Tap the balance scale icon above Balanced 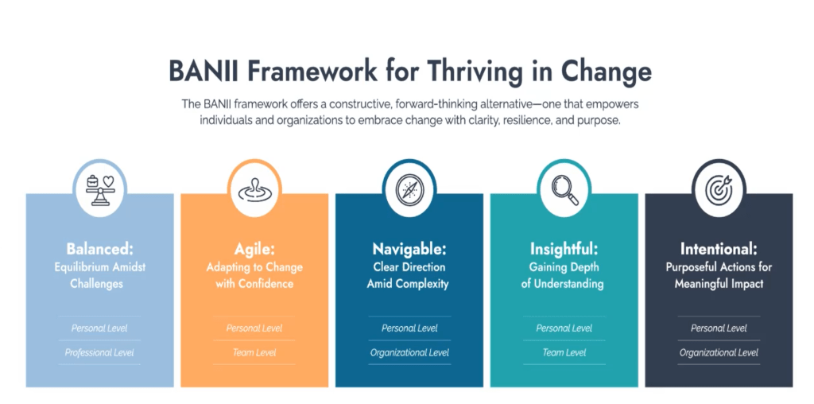point(99,191)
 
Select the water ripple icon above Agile point(254,191)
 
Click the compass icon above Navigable point(409,190)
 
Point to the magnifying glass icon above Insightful point(564,190)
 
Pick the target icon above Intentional point(719,190)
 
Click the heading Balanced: point(99,249)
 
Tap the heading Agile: point(254,250)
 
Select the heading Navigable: point(409,249)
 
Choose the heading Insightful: point(564,249)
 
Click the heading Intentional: point(719,249)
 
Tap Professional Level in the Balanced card point(99,352)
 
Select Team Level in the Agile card point(254,352)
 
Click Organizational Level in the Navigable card point(409,352)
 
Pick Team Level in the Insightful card point(564,352)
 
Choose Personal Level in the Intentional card point(719,328)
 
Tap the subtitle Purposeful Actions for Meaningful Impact point(719,276)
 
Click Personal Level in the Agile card point(254,328)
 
